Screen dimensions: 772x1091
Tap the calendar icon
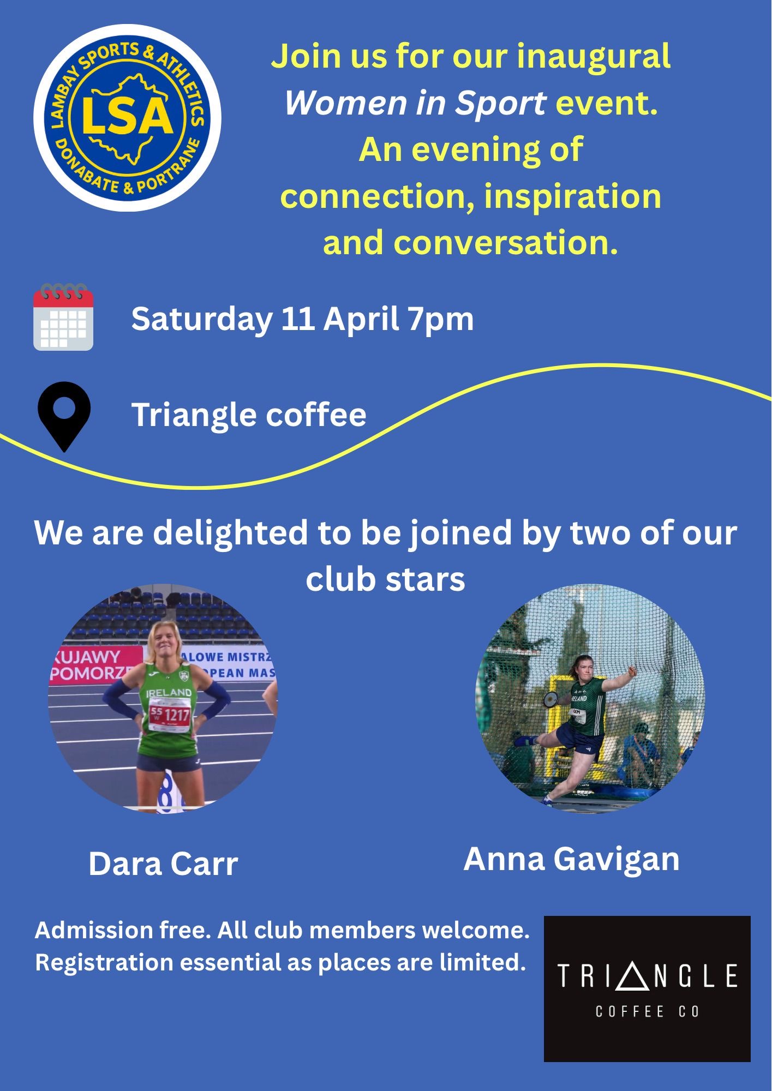click(x=63, y=316)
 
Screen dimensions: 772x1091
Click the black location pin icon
click(x=64, y=416)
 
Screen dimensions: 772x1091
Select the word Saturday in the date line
click(x=202, y=319)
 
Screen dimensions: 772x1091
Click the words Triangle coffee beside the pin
click(x=249, y=415)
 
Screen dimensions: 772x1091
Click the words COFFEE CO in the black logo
click(x=647, y=1012)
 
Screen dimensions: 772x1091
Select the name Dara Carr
click(x=163, y=864)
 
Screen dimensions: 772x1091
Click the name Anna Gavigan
click(x=571, y=860)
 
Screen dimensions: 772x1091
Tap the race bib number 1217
click(x=177, y=715)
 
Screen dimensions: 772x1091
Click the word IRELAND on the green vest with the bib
click(x=169, y=693)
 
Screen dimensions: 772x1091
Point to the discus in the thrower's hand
click(x=550, y=699)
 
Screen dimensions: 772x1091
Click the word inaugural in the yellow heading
click(x=594, y=57)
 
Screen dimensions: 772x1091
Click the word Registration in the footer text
click(x=104, y=963)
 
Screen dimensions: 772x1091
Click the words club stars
click(x=385, y=579)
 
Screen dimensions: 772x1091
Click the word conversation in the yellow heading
click(x=506, y=243)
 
